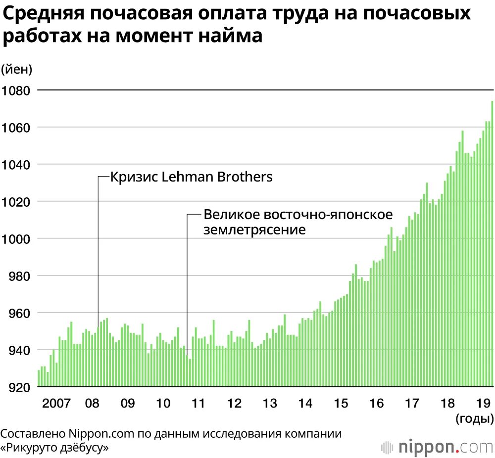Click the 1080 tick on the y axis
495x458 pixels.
[16, 91]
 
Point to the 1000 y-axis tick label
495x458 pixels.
[16, 239]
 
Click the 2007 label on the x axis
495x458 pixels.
[56, 403]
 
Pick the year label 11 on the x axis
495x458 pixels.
[198, 403]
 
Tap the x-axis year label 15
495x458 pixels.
[341, 403]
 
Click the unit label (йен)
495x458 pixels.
[16, 69]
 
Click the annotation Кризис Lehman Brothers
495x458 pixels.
[191, 177]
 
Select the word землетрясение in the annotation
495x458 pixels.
[254, 230]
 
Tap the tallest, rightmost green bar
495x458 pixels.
[493, 242]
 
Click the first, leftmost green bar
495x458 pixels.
[39, 378]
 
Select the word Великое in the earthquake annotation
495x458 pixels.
[231, 215]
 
